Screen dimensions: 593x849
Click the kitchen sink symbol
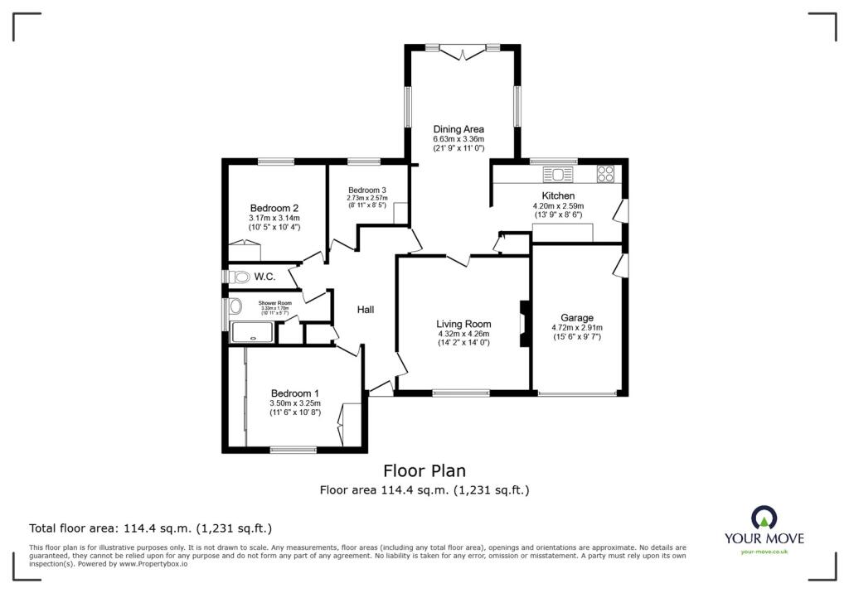tap(556, 174)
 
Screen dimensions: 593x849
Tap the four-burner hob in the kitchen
tap(605, 174)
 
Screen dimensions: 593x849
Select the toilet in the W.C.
tap(241, 276)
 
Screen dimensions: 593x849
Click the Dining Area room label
tap(458, 129)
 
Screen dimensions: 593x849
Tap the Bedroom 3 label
tap(366, 189)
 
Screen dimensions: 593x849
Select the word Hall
tap(366, 310)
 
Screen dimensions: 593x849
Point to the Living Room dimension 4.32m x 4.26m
tap(463, 334)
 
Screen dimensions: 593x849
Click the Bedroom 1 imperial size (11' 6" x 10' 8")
tap(294, 412)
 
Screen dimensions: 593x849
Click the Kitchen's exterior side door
tap(619, 210)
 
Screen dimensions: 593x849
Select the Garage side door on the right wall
tap(619, 264)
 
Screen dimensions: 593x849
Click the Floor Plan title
tap(424, 471)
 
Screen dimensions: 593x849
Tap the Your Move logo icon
tap(764, 517)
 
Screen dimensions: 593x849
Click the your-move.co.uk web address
tap(764, 552)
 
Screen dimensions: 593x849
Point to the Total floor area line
tap(151, 528)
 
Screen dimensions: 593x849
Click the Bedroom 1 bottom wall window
tap(294, 450)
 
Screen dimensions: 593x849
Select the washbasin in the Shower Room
tap(235, 307)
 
